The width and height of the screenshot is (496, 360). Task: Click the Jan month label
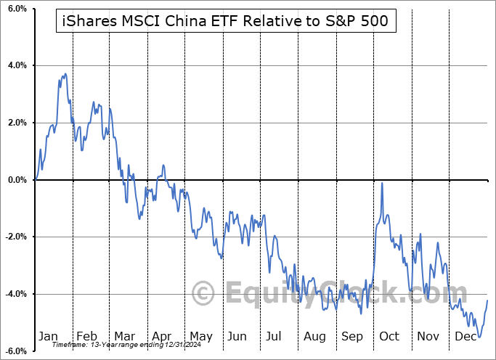[x=48, y=336]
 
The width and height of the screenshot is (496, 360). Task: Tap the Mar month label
[x=124, y=336]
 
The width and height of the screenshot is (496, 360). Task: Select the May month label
[x=200, y=336]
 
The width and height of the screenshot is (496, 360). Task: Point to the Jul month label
[x=275, y=336]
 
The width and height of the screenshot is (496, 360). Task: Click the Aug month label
[x=314, y=336]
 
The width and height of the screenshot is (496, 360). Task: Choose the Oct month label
[x=389, y=336]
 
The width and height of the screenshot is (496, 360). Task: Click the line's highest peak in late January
[x=65, y=74]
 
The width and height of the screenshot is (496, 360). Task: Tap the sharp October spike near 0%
[x=382, y=184]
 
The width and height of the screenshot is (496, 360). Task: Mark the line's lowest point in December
[x=479, y=337]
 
